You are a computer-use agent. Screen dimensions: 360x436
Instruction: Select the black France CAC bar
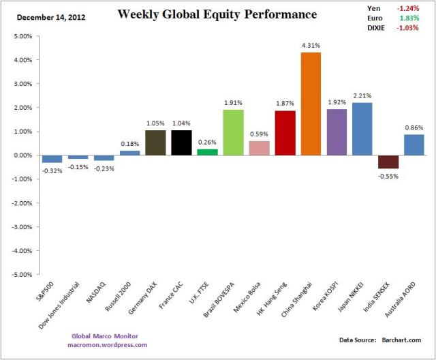tap(181, 142)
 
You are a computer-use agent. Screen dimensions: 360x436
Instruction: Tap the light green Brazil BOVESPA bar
tap(233, 132)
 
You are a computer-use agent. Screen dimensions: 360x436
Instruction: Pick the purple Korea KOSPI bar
tap(337, 132)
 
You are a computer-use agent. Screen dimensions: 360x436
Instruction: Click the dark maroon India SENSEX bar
tap(388, 162)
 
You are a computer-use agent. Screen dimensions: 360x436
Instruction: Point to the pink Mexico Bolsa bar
tap(259, 148)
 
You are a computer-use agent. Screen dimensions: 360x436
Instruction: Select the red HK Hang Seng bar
tap(285, 133)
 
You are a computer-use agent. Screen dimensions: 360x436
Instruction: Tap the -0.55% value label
tap(388, 176)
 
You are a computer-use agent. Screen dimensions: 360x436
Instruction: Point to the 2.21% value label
tap(362, 96)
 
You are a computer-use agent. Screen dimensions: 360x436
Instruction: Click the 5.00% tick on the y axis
tap(22, 36)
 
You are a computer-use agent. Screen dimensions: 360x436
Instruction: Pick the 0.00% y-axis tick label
tap(22, 155)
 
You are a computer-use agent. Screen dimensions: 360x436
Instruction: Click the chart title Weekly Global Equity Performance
tap(217, 14)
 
